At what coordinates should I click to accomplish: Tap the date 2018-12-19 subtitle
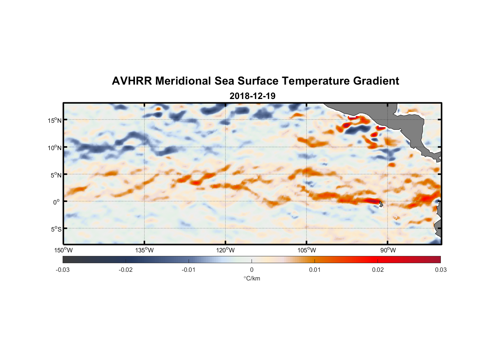252,96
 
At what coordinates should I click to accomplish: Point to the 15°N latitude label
55,120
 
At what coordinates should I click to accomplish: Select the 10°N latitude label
55,148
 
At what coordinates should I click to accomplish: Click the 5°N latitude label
56,175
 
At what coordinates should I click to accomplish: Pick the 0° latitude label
57,202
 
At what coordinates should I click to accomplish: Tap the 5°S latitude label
56,229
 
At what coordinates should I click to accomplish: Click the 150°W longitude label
64,250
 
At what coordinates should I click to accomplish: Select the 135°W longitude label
145,250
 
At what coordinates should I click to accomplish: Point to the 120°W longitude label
226,250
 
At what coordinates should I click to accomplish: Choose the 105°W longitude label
307,250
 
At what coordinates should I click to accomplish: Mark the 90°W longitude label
388,250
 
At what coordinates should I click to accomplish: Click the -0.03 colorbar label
63,270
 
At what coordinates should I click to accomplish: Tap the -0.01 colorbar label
189,270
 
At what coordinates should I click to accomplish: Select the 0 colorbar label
252,270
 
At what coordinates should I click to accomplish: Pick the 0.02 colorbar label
378,270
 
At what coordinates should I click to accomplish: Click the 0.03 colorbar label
440,270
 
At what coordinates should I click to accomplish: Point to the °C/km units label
252,278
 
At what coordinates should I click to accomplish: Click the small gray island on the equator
380,204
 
